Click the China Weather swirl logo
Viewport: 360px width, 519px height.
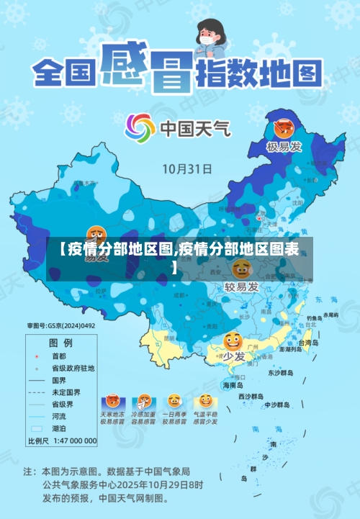[x=140, y=128]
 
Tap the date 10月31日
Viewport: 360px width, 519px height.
[x=186, y=169]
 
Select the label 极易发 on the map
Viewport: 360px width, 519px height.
[x=282, y=148]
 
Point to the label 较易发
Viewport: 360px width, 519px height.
[x=241, y=286]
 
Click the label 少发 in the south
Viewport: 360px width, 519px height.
[x=233, y=356]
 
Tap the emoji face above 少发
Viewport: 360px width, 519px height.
[x=233, y=341]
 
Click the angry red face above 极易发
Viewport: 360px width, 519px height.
[x=282, y=130]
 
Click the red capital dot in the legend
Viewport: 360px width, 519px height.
[x=37, y=356]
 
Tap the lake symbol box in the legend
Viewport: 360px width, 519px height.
[x=37, y=428]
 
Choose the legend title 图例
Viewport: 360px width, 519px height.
[x=60, y=342]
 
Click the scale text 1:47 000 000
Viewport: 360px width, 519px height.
[x=73, y=440]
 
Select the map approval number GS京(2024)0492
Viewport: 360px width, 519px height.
[x=61, y=325]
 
